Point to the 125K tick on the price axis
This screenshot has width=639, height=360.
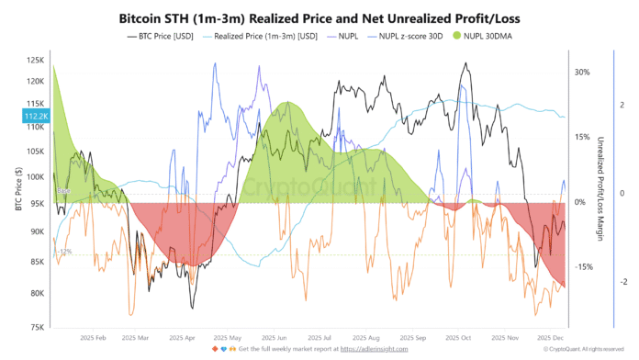tap(36, 60)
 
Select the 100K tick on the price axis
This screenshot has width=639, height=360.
tap(36, 176)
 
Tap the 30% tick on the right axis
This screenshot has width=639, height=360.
tap(581, 72)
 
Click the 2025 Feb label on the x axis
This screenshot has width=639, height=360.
tap(94, 337)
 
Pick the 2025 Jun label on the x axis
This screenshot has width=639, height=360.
tap(275, 337)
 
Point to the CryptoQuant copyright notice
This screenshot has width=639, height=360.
tap(586, 350)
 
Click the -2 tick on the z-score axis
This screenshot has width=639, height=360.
tap(625, 282)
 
